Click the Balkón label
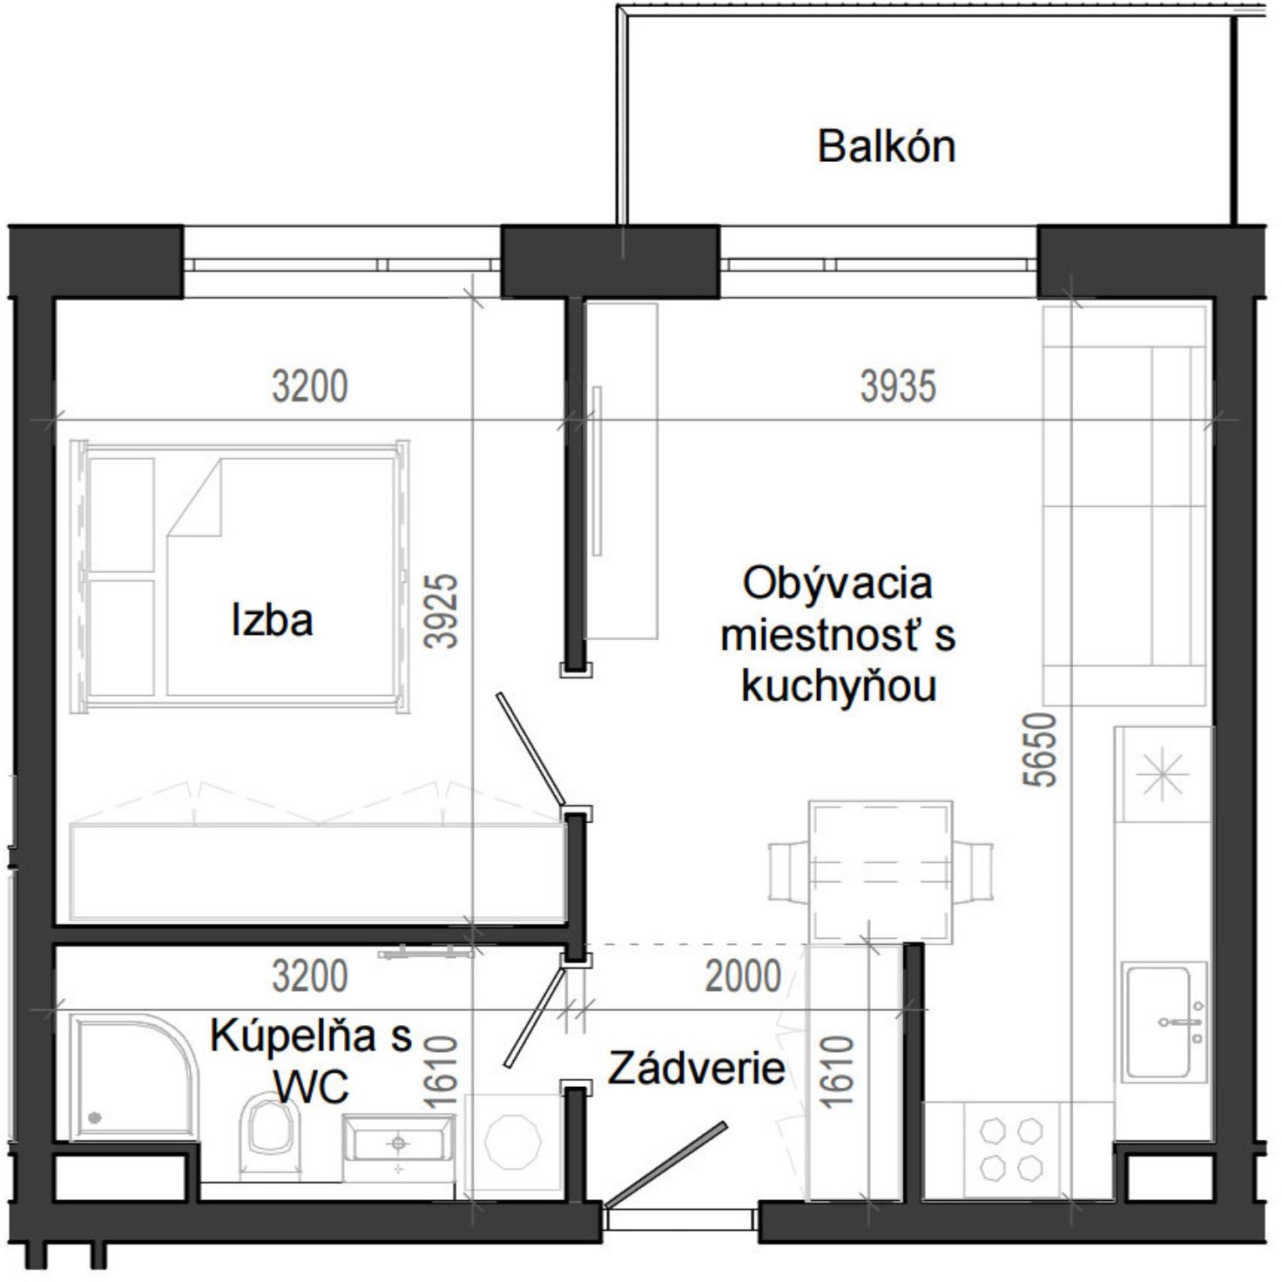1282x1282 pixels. [x=886, y=146]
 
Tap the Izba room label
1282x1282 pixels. [x=272, y=620]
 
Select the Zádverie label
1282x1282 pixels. [x=697, y=1069]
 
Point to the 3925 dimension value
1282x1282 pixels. [x=442, y=611]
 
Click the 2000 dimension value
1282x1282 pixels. [x=742, y=976]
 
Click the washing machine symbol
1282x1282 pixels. [x=513, y=1142]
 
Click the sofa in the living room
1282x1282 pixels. [x=1124, y=506]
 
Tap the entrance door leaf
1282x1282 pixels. [x=665, y=1165]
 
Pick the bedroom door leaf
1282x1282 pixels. [x=530, y=750]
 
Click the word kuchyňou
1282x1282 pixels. [x=839, y=685]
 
